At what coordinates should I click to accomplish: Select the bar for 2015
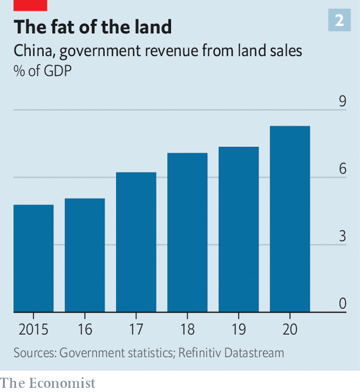point(34,258)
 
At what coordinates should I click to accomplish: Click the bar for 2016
point(85,255)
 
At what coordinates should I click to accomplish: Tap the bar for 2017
point(136,242)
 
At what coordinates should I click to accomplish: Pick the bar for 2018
point(187,232)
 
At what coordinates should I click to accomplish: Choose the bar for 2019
point(239,229)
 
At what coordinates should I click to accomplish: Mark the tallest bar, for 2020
point(290,219)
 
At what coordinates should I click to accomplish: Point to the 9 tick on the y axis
point(342,102)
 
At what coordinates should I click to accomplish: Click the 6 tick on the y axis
point(342,169)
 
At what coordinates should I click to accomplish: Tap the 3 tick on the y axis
point(342,236)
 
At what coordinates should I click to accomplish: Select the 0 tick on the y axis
point(342,304)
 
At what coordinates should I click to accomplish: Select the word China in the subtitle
point(33,51)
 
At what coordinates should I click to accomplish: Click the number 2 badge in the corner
point(339,21)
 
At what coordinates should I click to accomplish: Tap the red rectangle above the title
point(30,5)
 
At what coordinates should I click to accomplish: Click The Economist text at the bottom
point(47,383)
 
